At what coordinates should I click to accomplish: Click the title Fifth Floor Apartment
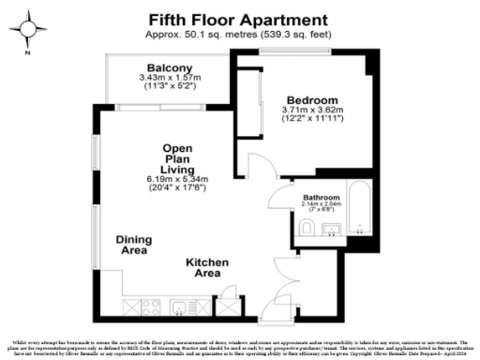239,19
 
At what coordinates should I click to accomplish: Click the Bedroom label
312,99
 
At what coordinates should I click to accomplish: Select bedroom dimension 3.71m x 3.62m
313,110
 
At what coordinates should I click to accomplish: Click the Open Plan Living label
177,158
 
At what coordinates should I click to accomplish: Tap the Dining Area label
134,245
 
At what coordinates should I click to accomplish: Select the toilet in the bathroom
306,230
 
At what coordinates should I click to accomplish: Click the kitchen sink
178,306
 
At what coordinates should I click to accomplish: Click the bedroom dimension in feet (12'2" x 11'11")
313,119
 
